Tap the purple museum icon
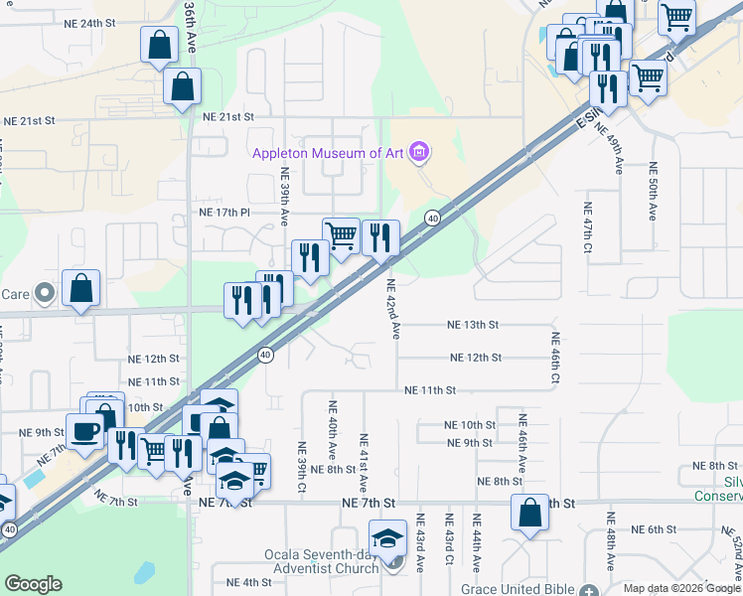[419, 152]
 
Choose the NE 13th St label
[472, 325]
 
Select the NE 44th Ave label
[477, 540]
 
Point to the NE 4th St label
[248, 582]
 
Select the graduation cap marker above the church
[386, 538]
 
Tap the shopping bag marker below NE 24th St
[160, 45]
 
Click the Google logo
[33, 584]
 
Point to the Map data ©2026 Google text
[679, 588]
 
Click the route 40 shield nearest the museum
[433, 218]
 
